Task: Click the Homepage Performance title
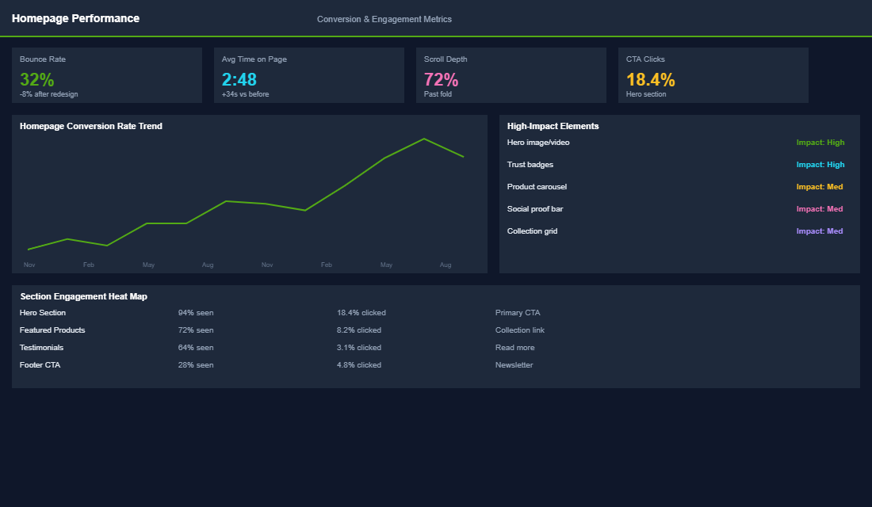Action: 75,18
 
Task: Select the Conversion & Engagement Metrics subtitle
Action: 384,19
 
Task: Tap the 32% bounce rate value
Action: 37,80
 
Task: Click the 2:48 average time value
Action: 239,80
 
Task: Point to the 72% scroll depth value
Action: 442,80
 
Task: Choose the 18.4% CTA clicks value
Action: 651,80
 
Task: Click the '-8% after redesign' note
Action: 49,94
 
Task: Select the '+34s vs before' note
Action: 246,94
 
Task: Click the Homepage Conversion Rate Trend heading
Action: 91,126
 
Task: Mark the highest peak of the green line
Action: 424,139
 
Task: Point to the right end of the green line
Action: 464,157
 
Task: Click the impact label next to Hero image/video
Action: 820,143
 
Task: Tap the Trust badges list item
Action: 530,165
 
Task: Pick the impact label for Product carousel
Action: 820,187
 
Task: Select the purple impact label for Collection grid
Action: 820,231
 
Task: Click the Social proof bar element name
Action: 535,209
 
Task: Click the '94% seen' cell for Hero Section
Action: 196,313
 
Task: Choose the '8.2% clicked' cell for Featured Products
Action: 359,330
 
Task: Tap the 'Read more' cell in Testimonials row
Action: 515,348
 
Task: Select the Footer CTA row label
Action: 40,365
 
